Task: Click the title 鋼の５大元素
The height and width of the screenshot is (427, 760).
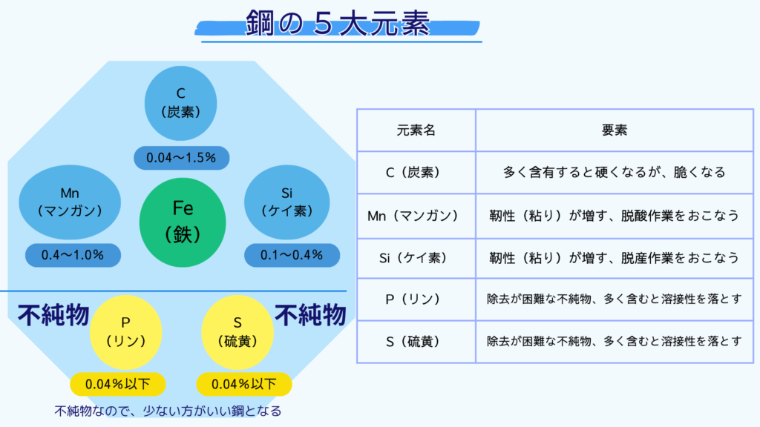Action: pos(338,23)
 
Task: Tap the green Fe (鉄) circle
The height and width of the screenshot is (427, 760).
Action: pos(183,222)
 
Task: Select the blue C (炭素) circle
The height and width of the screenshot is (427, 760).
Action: pos(181,103)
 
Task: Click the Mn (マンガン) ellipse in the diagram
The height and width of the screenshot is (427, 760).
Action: pos(70,202)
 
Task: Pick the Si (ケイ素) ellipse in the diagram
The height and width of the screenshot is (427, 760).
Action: pos(287,202)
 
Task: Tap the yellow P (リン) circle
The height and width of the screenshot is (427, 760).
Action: pos(125,333)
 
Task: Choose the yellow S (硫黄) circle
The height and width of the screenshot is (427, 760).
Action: pos(237,333)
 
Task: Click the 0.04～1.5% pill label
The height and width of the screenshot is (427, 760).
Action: pos(181,158)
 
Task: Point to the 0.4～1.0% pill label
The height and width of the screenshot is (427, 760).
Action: pos(73,255)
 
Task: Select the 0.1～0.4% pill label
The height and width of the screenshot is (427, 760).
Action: pos(292,255)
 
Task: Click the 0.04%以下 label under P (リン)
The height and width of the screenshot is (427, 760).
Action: pos(118,385)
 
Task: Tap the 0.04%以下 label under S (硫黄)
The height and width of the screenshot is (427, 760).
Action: pos(243,385)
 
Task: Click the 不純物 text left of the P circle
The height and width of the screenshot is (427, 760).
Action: pos(53,315)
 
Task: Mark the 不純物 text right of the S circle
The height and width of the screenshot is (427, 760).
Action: pos(311,315)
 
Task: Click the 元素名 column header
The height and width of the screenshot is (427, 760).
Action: pos(416,130)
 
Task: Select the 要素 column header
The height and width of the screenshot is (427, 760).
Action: pos(615,130)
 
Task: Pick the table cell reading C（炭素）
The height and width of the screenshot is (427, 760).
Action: pos(416,172)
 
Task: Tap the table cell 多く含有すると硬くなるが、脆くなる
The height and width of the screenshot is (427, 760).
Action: pos(615,172)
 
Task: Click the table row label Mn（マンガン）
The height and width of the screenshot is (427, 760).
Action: pos(413,216)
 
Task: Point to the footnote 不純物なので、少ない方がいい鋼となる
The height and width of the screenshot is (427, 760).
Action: pos(168,411)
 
